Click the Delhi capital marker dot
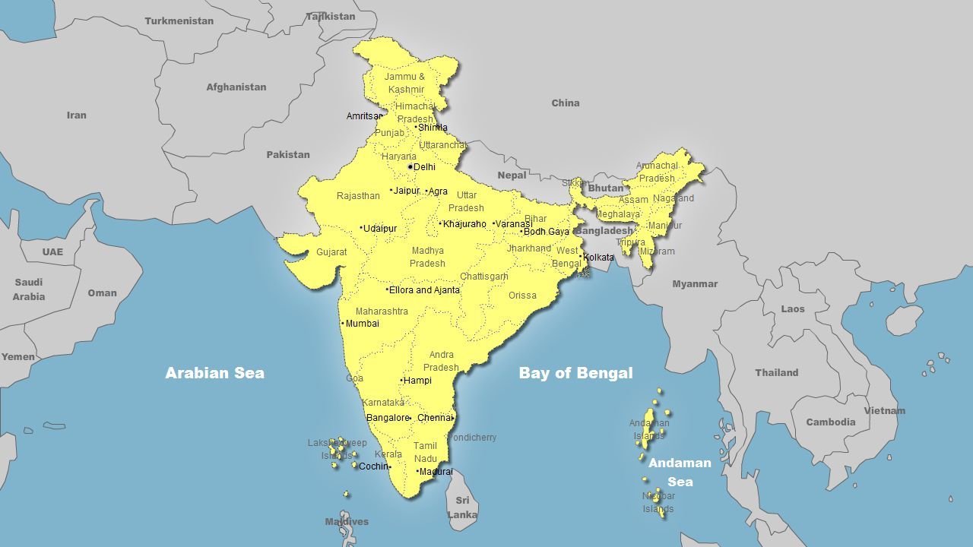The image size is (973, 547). coord(410,166)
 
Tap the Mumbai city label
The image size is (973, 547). coord(362,324)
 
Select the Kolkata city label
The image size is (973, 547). coord(598,258)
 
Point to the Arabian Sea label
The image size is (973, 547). coord(215,373)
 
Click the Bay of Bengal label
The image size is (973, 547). coord(575,373)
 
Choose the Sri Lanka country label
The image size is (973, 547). coord(462,507)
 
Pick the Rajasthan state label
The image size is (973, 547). coord(358,196)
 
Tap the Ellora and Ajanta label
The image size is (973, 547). coord(424,290)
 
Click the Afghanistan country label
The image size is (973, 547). coord(236,87)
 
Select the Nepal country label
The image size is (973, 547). coord(512,175)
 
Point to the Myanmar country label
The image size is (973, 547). coord(695,284)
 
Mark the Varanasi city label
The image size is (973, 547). coord(513,224)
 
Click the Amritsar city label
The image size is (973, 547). coord(363,116)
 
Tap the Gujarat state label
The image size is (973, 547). coord(331,252)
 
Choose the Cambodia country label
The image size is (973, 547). coord(830,422)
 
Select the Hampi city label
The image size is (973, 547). coord(417,381)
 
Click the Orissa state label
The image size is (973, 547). coord(522,296)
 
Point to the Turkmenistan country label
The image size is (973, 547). coord(179,21)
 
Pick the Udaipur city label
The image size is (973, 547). coord(380,229)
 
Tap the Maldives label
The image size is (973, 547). coord(347,522)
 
